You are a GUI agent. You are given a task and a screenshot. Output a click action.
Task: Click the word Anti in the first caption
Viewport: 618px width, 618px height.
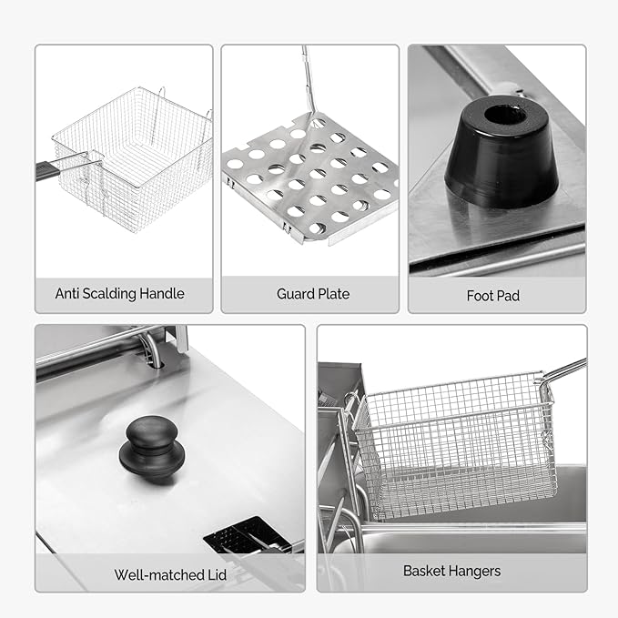pos(67,294)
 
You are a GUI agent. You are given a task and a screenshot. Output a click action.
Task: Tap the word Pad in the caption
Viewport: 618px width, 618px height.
pos(509,296)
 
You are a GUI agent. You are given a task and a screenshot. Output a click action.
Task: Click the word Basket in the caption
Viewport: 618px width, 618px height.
pos(421,571)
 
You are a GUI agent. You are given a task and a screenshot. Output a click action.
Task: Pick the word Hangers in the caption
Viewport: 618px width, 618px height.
pos(471,572)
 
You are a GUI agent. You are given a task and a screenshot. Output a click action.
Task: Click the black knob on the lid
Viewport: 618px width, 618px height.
pos(152,450)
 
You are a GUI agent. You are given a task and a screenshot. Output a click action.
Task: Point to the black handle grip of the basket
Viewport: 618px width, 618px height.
pos(49,171)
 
